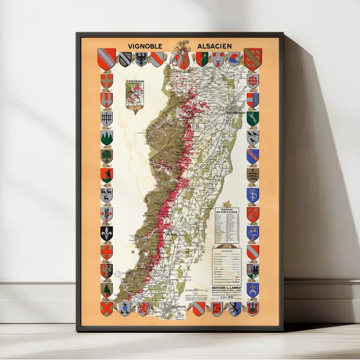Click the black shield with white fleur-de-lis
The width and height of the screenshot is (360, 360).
pyautogui.click(x=107, y=234)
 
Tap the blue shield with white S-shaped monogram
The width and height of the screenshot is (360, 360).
pyautogui.click(x=253, y=195)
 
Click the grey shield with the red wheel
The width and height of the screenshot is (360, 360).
pyautogui.click(x=253, y=79)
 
